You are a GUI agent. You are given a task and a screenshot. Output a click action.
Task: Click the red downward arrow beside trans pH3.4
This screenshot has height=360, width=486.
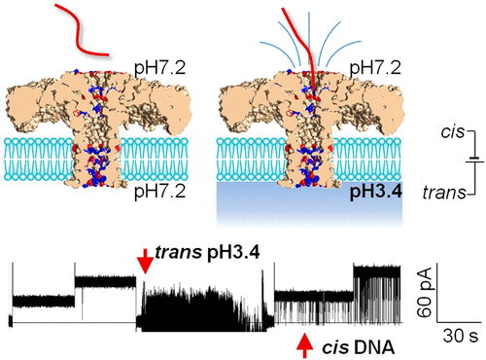[x=144, y=261]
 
